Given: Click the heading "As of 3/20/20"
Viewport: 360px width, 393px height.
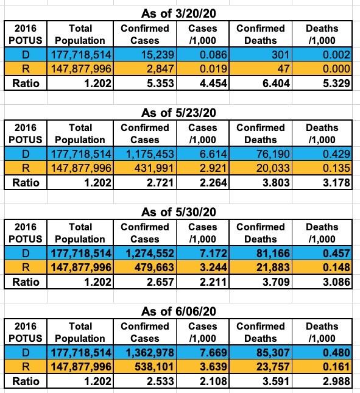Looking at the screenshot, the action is pos(178,13).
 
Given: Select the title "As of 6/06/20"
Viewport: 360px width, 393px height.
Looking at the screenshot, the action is pos(178,311).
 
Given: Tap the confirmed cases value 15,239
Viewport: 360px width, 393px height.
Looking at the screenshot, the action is pos(158,55).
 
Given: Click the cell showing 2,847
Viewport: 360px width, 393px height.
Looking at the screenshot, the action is pos(160,69).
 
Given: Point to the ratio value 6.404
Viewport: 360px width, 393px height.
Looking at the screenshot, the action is pos(276,83).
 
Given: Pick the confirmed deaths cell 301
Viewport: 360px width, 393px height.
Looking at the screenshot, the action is pos(281,55).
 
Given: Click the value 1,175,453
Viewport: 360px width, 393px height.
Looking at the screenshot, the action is pos(150,154).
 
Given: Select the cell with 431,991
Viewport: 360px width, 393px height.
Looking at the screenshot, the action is pos(154,168).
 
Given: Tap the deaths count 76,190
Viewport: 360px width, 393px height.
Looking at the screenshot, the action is pos(273,154).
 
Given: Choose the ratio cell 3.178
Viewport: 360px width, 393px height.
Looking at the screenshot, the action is pos(336,182).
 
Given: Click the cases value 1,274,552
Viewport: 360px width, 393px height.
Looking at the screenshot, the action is pos(150,253).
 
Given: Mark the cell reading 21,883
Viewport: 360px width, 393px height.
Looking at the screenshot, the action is pos(273,267).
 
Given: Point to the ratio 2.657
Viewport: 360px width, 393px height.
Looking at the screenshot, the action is pos(160,282).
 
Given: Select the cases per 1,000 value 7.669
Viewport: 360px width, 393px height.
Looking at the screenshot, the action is pos(213,353).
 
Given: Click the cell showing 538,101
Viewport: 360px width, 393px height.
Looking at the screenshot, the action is pos(154,367).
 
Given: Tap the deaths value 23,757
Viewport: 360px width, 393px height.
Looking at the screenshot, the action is pos(273,367).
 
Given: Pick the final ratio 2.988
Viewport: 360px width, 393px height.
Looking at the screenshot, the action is pos(336,381).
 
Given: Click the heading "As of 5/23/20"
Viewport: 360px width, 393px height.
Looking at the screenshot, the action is pos(178,113).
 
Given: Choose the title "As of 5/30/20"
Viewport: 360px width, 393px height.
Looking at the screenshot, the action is pos(178,212).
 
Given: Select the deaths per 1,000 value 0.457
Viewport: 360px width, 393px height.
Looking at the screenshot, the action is pos(336,253).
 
